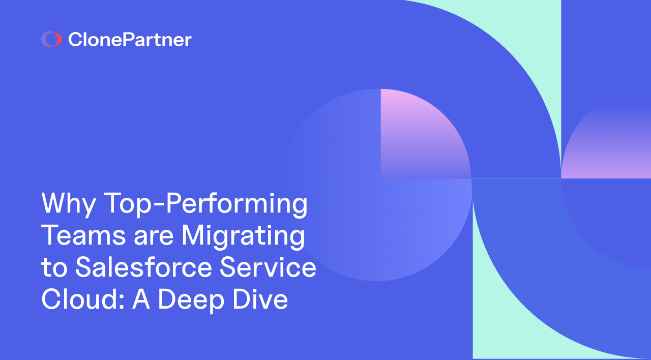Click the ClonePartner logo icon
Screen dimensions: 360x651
pyautogui.click(x=51, y=39)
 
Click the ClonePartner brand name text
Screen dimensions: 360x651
pyautogui.click(x=130, y=39)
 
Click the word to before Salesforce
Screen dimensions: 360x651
pyautogui.click(x=54, y=268)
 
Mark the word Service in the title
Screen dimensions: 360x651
pyautogui.click(x=268, y=268)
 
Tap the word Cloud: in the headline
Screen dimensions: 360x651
pyautogui.click(x=82, y=299)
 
